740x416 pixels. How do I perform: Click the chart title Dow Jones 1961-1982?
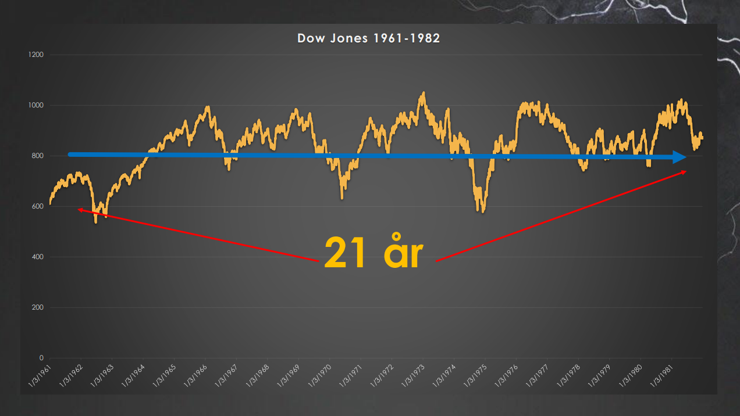[x=369, y=38]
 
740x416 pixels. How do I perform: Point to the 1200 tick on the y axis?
[x=37, y=55]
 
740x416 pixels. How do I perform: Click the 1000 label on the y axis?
[x=37, y=105]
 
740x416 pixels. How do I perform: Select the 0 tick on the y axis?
[x=41, y=358]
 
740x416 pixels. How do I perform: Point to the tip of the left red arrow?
[x=78, y=209]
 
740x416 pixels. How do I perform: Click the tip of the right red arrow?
[x=686, y=171]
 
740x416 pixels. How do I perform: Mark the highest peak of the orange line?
[x=424, y=92]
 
